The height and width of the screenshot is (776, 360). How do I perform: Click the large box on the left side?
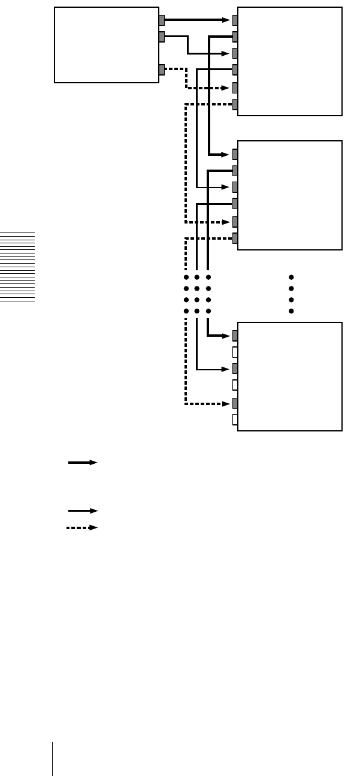pos(106,45)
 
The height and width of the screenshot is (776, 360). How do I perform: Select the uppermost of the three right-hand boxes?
pos(290,61)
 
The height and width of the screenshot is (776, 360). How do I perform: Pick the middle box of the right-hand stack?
pos(290,195)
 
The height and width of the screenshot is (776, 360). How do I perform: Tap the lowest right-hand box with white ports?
pos(290,376)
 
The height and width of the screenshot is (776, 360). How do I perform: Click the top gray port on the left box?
pos(162,20)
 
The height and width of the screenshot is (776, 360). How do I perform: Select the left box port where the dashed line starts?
pos(162,70)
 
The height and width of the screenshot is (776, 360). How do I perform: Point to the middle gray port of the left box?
pos(162,37)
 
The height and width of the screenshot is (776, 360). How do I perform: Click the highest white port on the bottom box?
pos(235,352)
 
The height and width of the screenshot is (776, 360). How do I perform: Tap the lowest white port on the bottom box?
pos(235,419)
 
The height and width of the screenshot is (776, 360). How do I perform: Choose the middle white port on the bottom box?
pos(235,385)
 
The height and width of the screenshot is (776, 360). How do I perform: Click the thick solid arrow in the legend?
pos(83,463)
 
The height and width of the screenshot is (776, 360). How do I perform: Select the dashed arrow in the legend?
pos(82,528)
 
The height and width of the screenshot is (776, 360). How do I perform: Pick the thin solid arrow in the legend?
pos(83,511)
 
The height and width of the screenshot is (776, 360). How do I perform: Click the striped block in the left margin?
pos(18,267)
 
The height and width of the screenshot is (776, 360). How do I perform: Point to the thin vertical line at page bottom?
pos(52,759)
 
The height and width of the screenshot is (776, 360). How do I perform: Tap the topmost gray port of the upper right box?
pos(235,20)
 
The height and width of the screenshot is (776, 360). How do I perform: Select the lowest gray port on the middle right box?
pos(235,238)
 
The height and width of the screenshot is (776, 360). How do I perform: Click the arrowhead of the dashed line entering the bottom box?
pos(226,403)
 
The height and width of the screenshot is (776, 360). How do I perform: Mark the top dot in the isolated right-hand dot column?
pos(291,277)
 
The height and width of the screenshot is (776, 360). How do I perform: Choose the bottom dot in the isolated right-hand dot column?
pos(291,311)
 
